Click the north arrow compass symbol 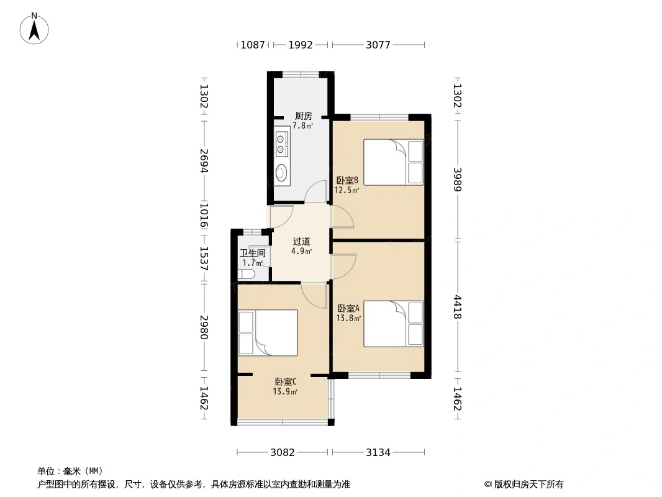click(34, 29)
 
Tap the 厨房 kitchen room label click(303, 116)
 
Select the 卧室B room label click(347, 181)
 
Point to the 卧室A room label click(348, 309)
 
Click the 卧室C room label click(286, 381)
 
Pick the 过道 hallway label click(301, 242)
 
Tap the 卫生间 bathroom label click(253, 253)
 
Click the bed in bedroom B click(394, 162)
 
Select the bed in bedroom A click(394, 324)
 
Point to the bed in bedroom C click(268, 333)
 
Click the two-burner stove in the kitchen click(281, 144)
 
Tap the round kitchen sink click(281, 173)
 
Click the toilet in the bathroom click(246, 275)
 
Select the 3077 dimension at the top click(378, 45)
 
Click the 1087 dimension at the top click(253, 45)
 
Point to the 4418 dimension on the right click(457, 307)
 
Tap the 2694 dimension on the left click(204, 160)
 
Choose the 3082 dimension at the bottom click(283, 453)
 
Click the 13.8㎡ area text click(348, 318)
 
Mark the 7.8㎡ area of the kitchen click(303, 125)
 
